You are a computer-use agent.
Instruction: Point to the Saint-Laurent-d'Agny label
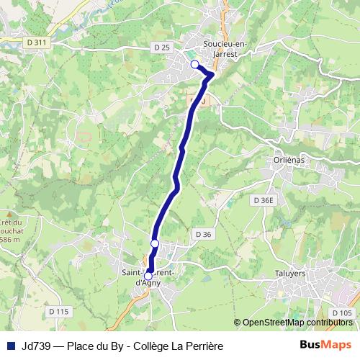point(150,277)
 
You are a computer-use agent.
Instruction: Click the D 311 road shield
point(36,42)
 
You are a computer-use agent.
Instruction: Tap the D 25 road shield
point(161,48)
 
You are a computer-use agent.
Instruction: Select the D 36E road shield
point(264,199)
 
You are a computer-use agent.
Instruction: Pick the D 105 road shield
point(344,312)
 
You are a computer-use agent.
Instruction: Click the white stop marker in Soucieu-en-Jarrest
point(194,65)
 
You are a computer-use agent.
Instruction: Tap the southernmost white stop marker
point(149,276)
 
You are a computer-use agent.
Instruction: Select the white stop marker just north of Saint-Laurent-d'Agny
point(155,244)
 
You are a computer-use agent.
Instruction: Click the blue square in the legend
point(10,346)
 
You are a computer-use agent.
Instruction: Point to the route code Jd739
point(36,346)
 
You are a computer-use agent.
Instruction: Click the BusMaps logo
point(325,346)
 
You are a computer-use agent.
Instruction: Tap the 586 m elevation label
point(11,238)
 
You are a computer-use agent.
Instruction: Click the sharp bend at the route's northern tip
point(213,74)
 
